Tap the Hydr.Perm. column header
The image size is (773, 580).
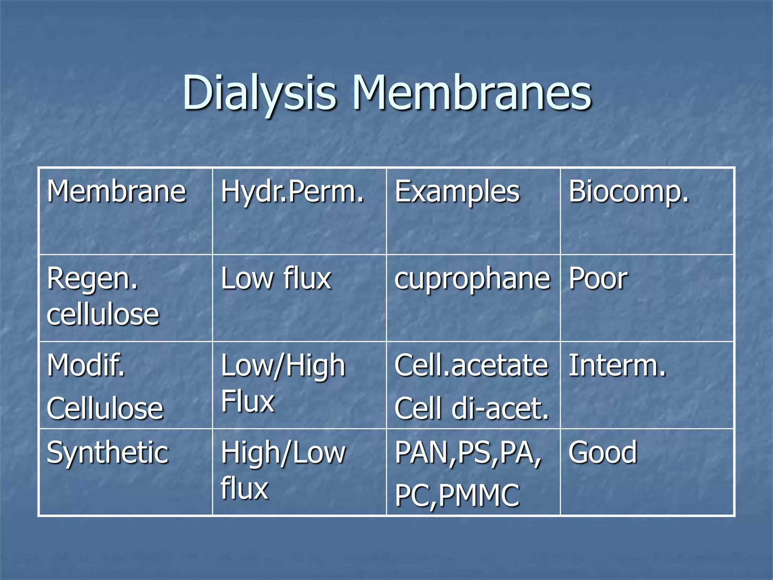pos(292,191)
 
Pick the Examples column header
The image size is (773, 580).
pos(457,192)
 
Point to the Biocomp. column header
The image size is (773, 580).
pos(628,191)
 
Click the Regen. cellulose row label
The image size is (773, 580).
pos(103,296)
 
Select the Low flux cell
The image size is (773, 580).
pos(276,278)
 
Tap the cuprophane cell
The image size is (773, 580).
pos(472,279)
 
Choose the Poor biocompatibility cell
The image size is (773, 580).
pos(598,279)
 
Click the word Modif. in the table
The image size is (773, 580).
pos(86,366)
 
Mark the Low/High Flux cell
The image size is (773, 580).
pos(283,383)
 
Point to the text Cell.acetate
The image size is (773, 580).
pos(471,366)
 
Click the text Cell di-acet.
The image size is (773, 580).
pos(471,409)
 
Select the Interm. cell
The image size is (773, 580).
pos(617,366)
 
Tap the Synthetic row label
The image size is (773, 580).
pos(107,452)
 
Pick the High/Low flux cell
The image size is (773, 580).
pos(283,470)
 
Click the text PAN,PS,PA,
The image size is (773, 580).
pos(468,452)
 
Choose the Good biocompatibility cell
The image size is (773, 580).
pos(603,452)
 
